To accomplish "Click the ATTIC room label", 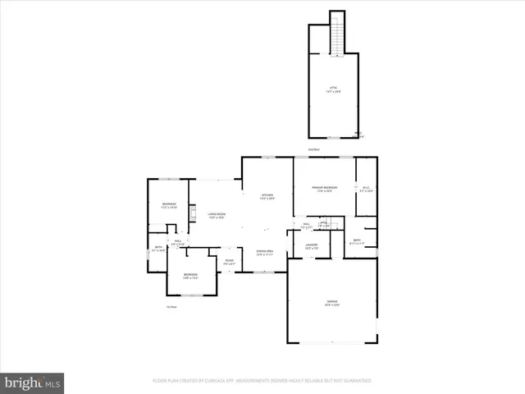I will click(x=334, y=87).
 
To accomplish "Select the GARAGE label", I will click(x=332, y=303).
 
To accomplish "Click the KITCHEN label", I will click(x=267, y=195).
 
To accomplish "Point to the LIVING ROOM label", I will click(x=217, y=215).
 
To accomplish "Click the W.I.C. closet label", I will click(x=366, y=189).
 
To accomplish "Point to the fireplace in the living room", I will click(x=192, y=214).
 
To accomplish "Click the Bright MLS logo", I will click(x=32, y=383).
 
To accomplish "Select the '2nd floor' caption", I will click(x=313, y=149).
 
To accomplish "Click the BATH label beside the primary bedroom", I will click(x=355, y=242).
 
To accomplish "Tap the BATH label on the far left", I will click(x=159, y=248).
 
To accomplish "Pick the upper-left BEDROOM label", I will click(x=168, y=205).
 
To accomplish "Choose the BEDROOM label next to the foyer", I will click(x=190, y=275).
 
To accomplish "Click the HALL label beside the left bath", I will click(x=176, y=242).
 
